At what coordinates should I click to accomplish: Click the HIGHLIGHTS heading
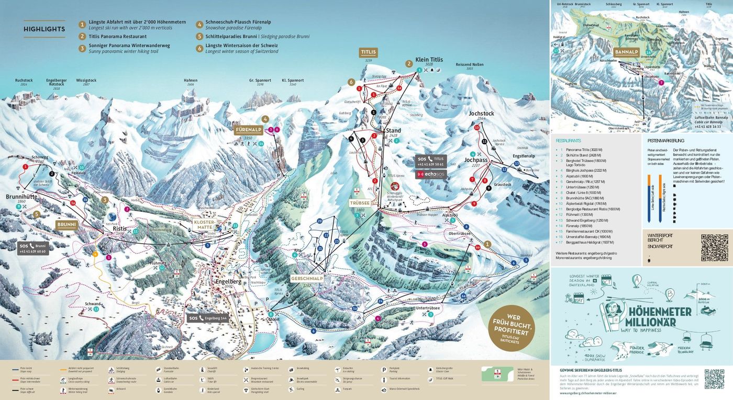point(45,29)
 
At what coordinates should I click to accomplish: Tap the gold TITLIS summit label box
point(368,52)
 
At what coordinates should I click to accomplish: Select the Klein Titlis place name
point(429,60)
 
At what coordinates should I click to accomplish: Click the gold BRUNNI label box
point(67,224)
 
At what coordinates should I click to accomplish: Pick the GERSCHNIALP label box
point(307,279)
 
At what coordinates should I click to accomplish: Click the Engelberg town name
point(229,281)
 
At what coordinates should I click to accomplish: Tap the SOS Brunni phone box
point(33,248)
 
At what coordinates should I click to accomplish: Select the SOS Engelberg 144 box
point(207,318)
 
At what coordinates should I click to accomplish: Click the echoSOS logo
point(431,173)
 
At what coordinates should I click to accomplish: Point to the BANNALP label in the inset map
point(626,52)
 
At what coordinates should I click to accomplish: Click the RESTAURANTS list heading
point(568,141)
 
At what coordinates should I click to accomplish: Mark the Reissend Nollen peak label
point(469,65)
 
